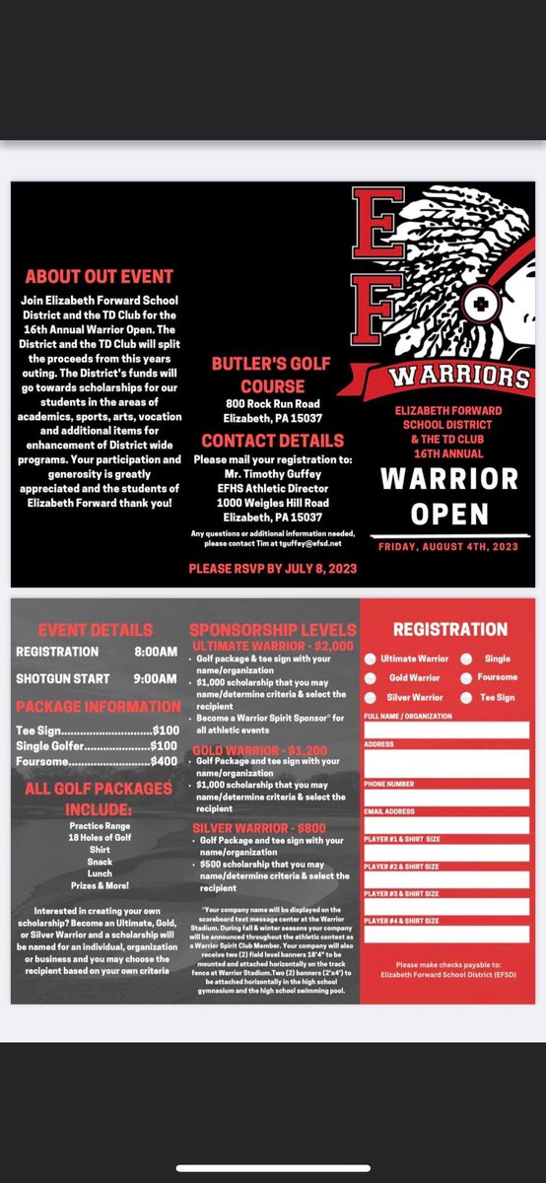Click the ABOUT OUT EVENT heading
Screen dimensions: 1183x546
pos(99,277)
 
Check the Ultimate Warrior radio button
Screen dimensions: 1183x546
pos(371,658)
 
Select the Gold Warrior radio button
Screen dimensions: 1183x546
pos(371,677)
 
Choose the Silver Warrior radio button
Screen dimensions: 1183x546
pos(371,697)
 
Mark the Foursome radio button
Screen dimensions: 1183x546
pos(463,677)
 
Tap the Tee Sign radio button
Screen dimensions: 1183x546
pos(463,697)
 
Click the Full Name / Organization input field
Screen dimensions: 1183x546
pos(445,731)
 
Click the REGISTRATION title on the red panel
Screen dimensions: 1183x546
pos(450,628)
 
